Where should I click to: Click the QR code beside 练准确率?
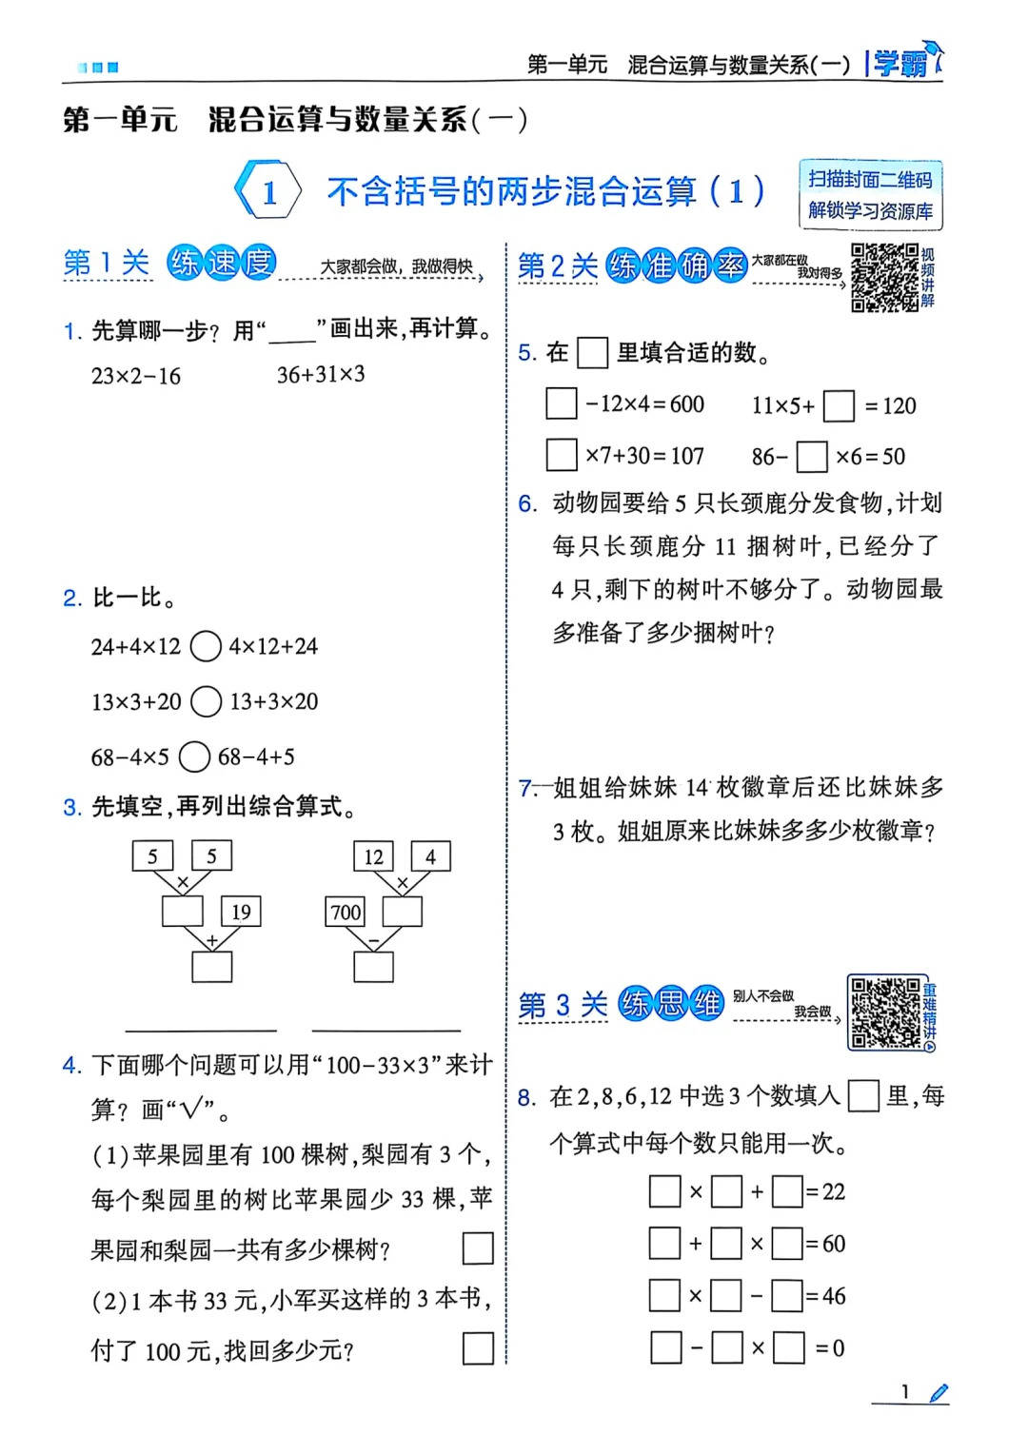pyautogui.click(x=884, y=277)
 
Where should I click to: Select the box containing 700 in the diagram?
pyautogui.click(x=346, y=912)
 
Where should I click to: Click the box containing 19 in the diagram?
pyautogui.click(x=241, y=912)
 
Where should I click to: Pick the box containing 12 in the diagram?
pyautogui.click(x=373, y=856)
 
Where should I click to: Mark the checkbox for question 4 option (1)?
pyautogui.click(x=477, y=1248)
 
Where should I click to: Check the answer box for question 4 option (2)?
pyautogui.click(x=477, y=1348)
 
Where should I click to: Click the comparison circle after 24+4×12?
pyautogui.click(x=206, y=647)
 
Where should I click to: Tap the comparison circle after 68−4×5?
pyautogui.click(x=194, y=757)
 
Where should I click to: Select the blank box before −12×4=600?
pyautogui.click(x=562, y=403)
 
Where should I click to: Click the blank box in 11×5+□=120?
pyautogui.click(x=839, y=405)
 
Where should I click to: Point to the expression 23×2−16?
pyautogui.click(x=136, y=376)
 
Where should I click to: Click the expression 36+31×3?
pyautogui.click(x=321, y=374)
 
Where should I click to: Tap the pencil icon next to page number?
pyautogui.click(x=939, y=1393)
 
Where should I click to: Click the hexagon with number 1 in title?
pyautogui.click(x=268, y=191)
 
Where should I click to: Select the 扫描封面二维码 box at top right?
pyautogui.click(x=870, y=195)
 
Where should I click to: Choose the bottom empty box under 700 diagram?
pyautogui.click(x=373, y=967)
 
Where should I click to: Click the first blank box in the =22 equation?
pyautogui.click(x=664, y=1191)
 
